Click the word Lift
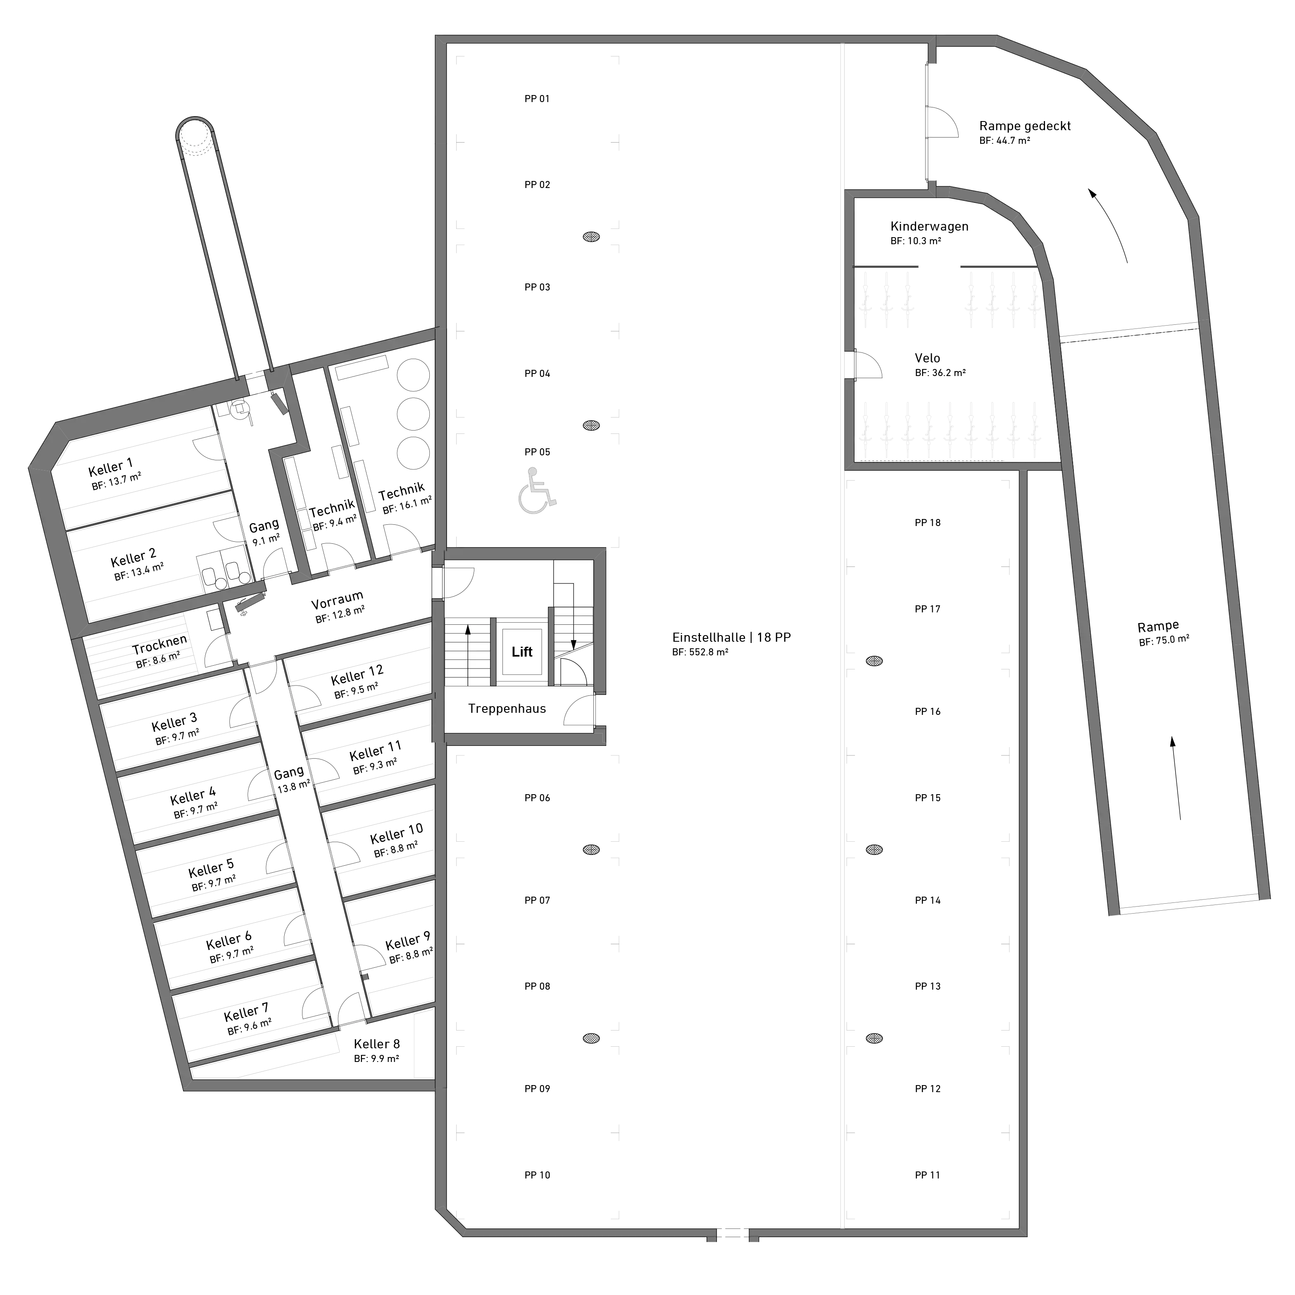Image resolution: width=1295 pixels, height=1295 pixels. (x=521, y=652)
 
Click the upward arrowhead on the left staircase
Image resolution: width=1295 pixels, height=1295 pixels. (x=468, y=629)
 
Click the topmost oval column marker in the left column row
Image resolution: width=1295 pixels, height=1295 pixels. (x=590, y=237)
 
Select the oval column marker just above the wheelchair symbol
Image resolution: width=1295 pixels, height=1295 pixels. (x=590, y=425)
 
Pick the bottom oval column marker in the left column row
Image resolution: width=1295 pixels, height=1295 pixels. (x=590, y=1038)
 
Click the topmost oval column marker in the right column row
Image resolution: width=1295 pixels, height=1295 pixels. (x=874, y=661)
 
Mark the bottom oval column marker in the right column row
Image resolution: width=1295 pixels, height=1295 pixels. (x=874, y=1038)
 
